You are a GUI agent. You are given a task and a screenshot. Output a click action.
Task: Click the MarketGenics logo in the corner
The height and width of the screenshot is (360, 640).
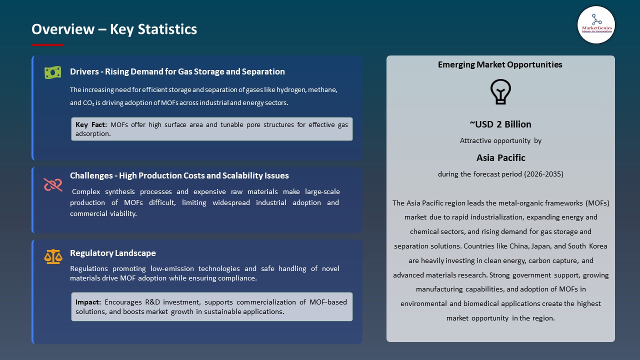click(596, 24)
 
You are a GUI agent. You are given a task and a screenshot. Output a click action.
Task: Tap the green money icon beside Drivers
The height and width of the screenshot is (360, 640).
click(52, 72)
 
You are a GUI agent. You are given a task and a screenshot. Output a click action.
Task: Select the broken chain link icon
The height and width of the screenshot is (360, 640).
click(52, 184)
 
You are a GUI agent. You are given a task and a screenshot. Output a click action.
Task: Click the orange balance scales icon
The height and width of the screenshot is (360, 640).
click(53, 257)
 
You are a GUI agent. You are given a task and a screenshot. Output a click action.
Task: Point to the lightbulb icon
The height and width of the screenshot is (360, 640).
click(500, 92)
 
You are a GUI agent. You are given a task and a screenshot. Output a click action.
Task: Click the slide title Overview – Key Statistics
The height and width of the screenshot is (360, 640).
click(114, 29)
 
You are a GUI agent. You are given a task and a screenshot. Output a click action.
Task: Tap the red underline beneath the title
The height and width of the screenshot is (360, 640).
click(48, 45)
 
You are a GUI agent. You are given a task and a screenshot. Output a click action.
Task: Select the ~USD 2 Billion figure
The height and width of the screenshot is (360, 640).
click(500, 124)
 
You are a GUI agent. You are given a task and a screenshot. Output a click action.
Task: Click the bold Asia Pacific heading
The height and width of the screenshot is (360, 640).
click(500, 157)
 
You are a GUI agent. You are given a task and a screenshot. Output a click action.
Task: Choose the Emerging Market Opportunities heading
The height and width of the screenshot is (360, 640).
click(500, 64)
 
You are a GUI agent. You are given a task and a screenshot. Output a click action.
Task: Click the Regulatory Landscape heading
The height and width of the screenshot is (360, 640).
click(112, 253)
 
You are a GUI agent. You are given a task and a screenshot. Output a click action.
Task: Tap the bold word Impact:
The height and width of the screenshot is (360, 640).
click(88, 302)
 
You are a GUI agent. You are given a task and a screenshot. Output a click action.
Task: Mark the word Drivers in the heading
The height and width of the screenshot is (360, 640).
click(83, 71)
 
